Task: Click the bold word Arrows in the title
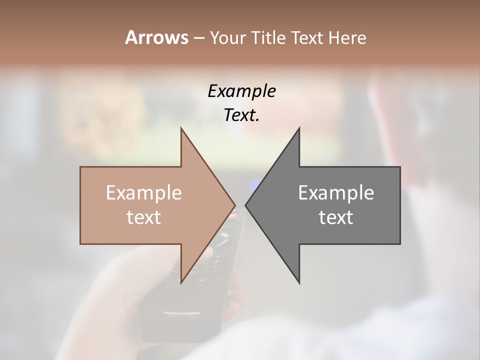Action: [156, 37]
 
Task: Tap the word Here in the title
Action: [347, 37]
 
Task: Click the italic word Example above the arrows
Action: [241, 91]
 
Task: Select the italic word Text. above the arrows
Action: [241, 115]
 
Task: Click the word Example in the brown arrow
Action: [144, 192]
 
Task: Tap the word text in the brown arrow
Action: [144, 217]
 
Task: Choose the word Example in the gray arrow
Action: [336, 192]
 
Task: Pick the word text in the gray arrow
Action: [336, 217]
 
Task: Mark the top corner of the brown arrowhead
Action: [181, 129]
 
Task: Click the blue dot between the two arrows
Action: [255, 186]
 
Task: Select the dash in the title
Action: [198, 38]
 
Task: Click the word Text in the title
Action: [307, 37]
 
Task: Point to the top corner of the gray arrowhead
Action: [299, 129]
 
